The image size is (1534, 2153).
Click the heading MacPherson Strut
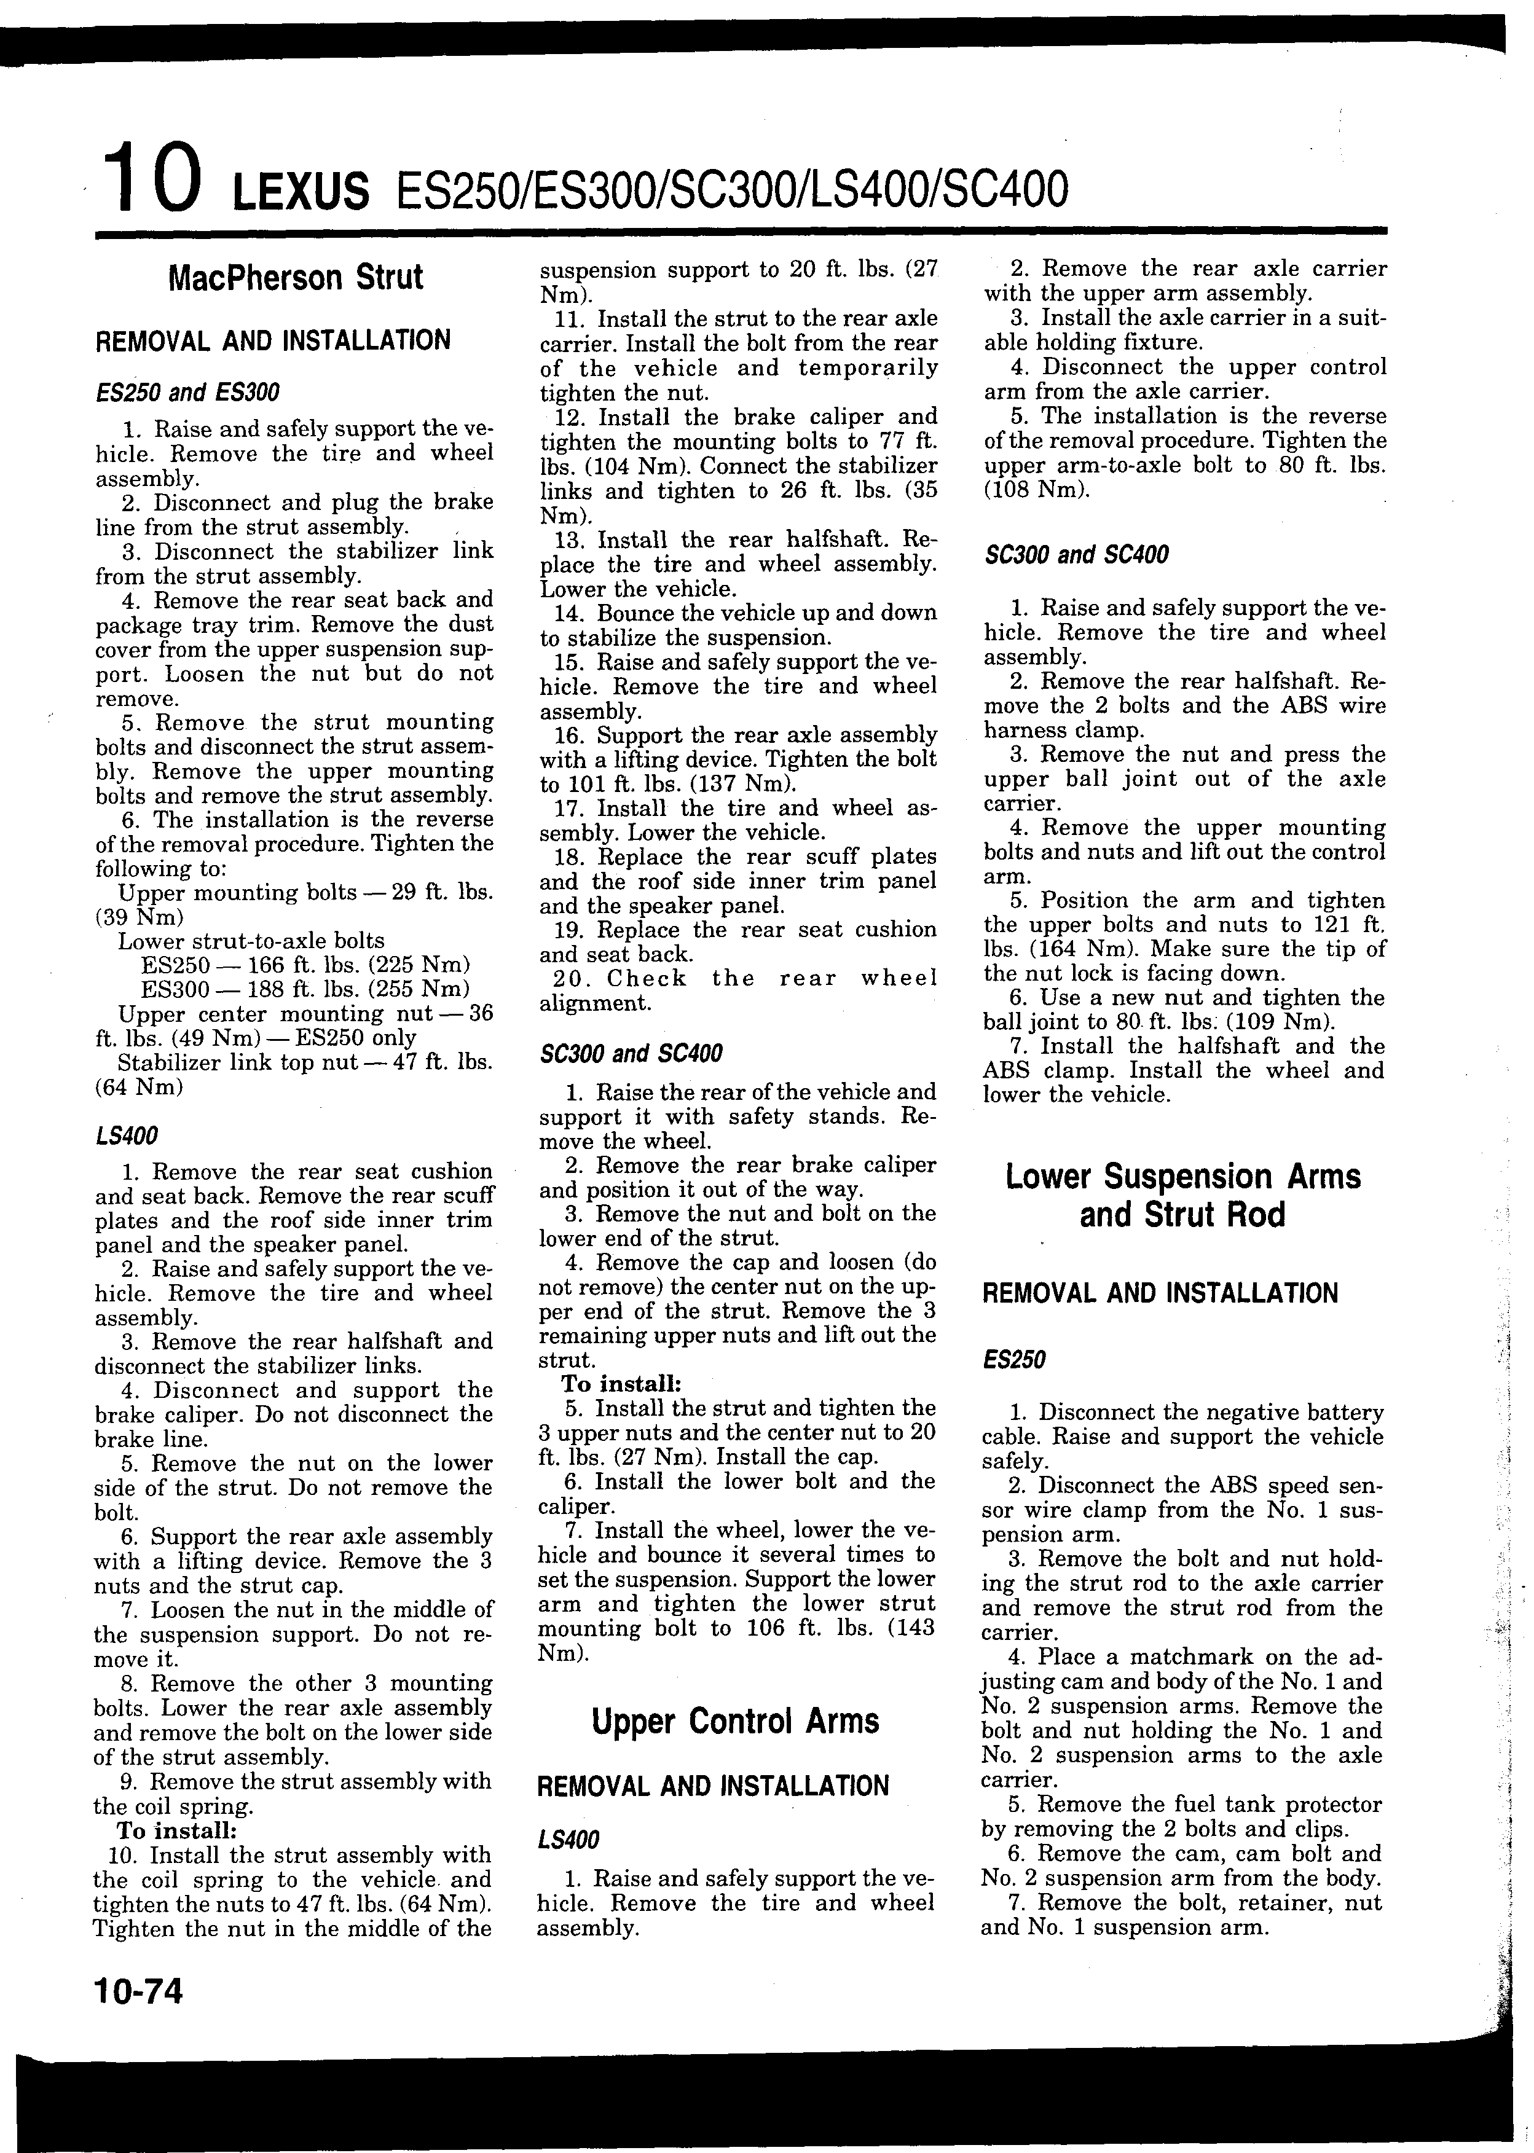295,278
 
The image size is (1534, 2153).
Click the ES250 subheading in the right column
1015,1360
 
